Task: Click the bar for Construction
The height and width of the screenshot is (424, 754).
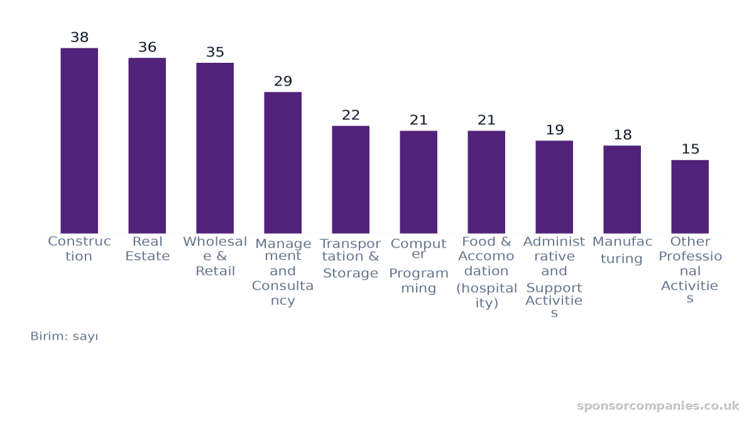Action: [79, 141]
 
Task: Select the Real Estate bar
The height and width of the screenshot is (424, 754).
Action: [147, 146]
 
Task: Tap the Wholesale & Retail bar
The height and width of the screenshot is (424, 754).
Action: [215, 148]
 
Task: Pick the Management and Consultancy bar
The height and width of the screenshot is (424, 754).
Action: [283, 163]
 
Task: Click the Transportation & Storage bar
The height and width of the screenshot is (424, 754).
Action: [351, 180]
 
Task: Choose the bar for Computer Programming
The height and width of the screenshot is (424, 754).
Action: [418, 182]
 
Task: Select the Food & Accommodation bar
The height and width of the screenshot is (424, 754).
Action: [486, 182]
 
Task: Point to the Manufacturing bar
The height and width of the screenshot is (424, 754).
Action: [622, 190]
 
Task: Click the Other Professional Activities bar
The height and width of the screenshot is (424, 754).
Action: [690, 197]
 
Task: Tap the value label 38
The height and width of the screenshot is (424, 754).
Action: [79, 37]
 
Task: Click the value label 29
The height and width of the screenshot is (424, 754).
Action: [283, 81]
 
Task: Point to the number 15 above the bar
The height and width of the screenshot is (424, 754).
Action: [691, 149]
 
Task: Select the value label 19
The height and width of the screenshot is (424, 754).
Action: [555, 129]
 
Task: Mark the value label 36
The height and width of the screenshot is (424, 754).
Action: [148, 47]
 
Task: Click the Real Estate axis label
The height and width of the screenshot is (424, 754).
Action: [148, 249]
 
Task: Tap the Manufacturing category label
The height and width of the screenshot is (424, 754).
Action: [622, 250]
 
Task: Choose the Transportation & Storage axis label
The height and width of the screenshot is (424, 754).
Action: [351, 258]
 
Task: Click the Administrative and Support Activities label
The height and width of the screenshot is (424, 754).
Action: [554, 276]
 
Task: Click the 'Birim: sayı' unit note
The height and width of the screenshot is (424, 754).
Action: [64, 336]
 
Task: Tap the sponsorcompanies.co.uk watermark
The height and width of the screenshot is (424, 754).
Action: [658, 406]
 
